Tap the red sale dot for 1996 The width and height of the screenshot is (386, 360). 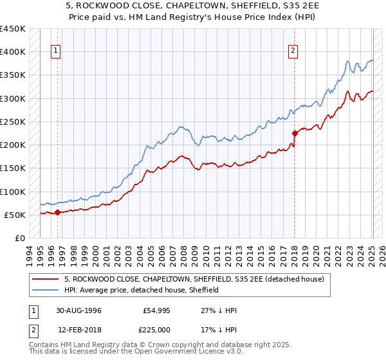coord(57,212)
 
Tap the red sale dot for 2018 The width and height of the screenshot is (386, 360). coord(295,133)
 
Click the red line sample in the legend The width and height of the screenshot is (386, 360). coord(46,279)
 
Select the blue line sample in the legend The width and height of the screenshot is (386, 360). coord(46,290)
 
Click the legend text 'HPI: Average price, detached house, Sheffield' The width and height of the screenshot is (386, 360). coord(142,290)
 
